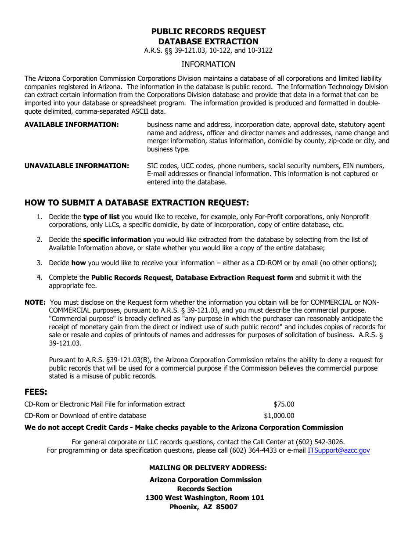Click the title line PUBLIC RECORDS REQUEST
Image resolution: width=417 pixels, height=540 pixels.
(x=208, y=32)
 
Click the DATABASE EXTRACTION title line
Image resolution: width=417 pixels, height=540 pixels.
(x=208, y=42)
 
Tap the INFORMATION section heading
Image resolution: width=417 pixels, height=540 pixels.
(x=208, y=65)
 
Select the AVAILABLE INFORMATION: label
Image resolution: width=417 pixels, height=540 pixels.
(x=72, y=125)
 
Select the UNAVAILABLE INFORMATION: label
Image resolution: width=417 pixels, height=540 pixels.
(x=76, y=166)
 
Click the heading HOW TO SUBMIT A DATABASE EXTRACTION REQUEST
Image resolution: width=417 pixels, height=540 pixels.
(x=137, y=203)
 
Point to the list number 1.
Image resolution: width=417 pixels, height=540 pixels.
(x=40, y=217)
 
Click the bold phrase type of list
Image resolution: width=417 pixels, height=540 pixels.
(x=101, y=217)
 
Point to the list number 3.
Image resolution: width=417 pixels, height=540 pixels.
(x=40, y=263)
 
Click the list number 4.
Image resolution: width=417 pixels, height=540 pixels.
(x=40, y=277)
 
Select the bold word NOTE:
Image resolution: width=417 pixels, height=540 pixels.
(x=35, y=302)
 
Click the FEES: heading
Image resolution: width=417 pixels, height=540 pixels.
(x=36, y=392)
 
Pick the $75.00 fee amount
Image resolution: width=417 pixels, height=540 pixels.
(x=284, y=404)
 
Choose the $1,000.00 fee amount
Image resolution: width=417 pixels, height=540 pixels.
(x=279, y=416)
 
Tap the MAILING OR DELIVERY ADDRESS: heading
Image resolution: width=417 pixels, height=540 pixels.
(x=208, y=468)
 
